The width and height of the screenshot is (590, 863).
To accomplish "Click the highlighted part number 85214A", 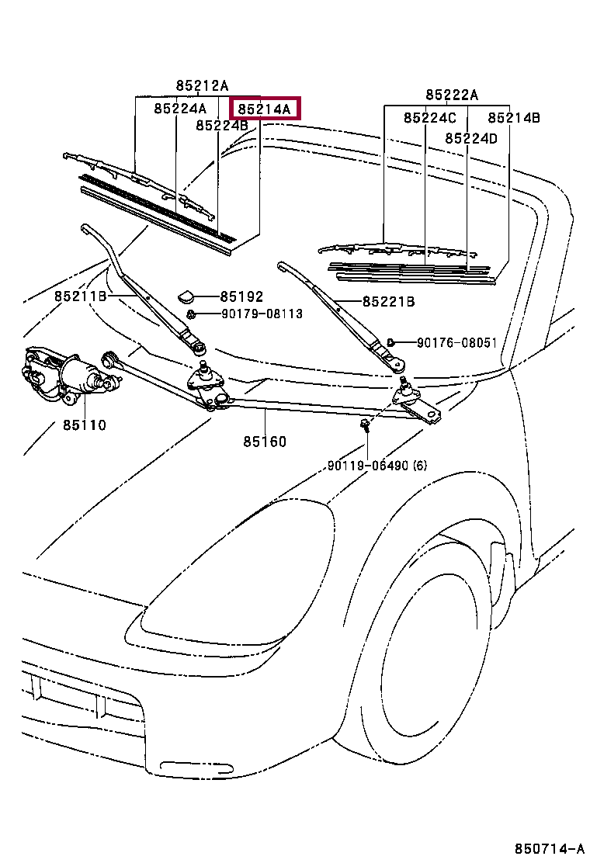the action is tap(264, 109).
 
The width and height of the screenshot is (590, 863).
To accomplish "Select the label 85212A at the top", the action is tap(202, 86).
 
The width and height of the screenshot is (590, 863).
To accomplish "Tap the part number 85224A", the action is tap(180, 109).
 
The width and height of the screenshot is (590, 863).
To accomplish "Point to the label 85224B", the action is tap(222, 126).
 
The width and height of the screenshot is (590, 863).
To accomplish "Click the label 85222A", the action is tap(452, 95).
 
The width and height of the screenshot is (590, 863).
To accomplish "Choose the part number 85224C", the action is tap(430, 118).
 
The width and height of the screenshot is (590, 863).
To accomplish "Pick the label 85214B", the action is tap(514, 118).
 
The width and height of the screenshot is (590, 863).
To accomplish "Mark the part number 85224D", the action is tap(471, 138).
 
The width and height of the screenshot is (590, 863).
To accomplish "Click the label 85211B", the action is tap(81, 296).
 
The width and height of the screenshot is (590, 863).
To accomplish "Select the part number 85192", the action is tap(241, 296).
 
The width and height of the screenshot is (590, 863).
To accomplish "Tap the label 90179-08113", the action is tap(262, 314).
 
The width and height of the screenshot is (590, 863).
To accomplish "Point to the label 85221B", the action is tap(389, 302).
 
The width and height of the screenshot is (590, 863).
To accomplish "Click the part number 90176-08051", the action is tap(456, 343).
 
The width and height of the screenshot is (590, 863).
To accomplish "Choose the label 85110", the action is tap(84, 425).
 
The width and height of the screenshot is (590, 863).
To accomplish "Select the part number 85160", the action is tap(265, 442).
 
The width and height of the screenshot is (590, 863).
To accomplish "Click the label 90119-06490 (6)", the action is tap(377, 466).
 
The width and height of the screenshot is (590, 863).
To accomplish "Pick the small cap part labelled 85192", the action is tap(186, 297).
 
